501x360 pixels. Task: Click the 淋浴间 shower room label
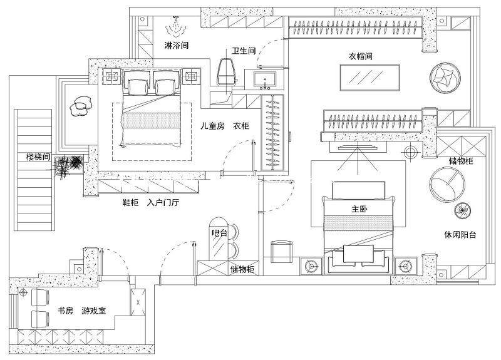click(x=176, y=46)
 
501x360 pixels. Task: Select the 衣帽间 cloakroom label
click(x=361, y=56)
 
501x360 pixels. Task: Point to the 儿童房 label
click(x=212, y=126)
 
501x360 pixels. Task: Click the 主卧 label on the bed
click(x=359, y=209)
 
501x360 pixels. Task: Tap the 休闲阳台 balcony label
click(x=460, y=235)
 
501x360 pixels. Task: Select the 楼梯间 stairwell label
click(x=38, y=156)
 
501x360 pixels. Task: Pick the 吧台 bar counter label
click(x=220, y=232)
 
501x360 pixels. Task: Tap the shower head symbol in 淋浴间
click(x=176, y=27)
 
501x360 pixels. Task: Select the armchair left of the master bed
click(x=281, y=250)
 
